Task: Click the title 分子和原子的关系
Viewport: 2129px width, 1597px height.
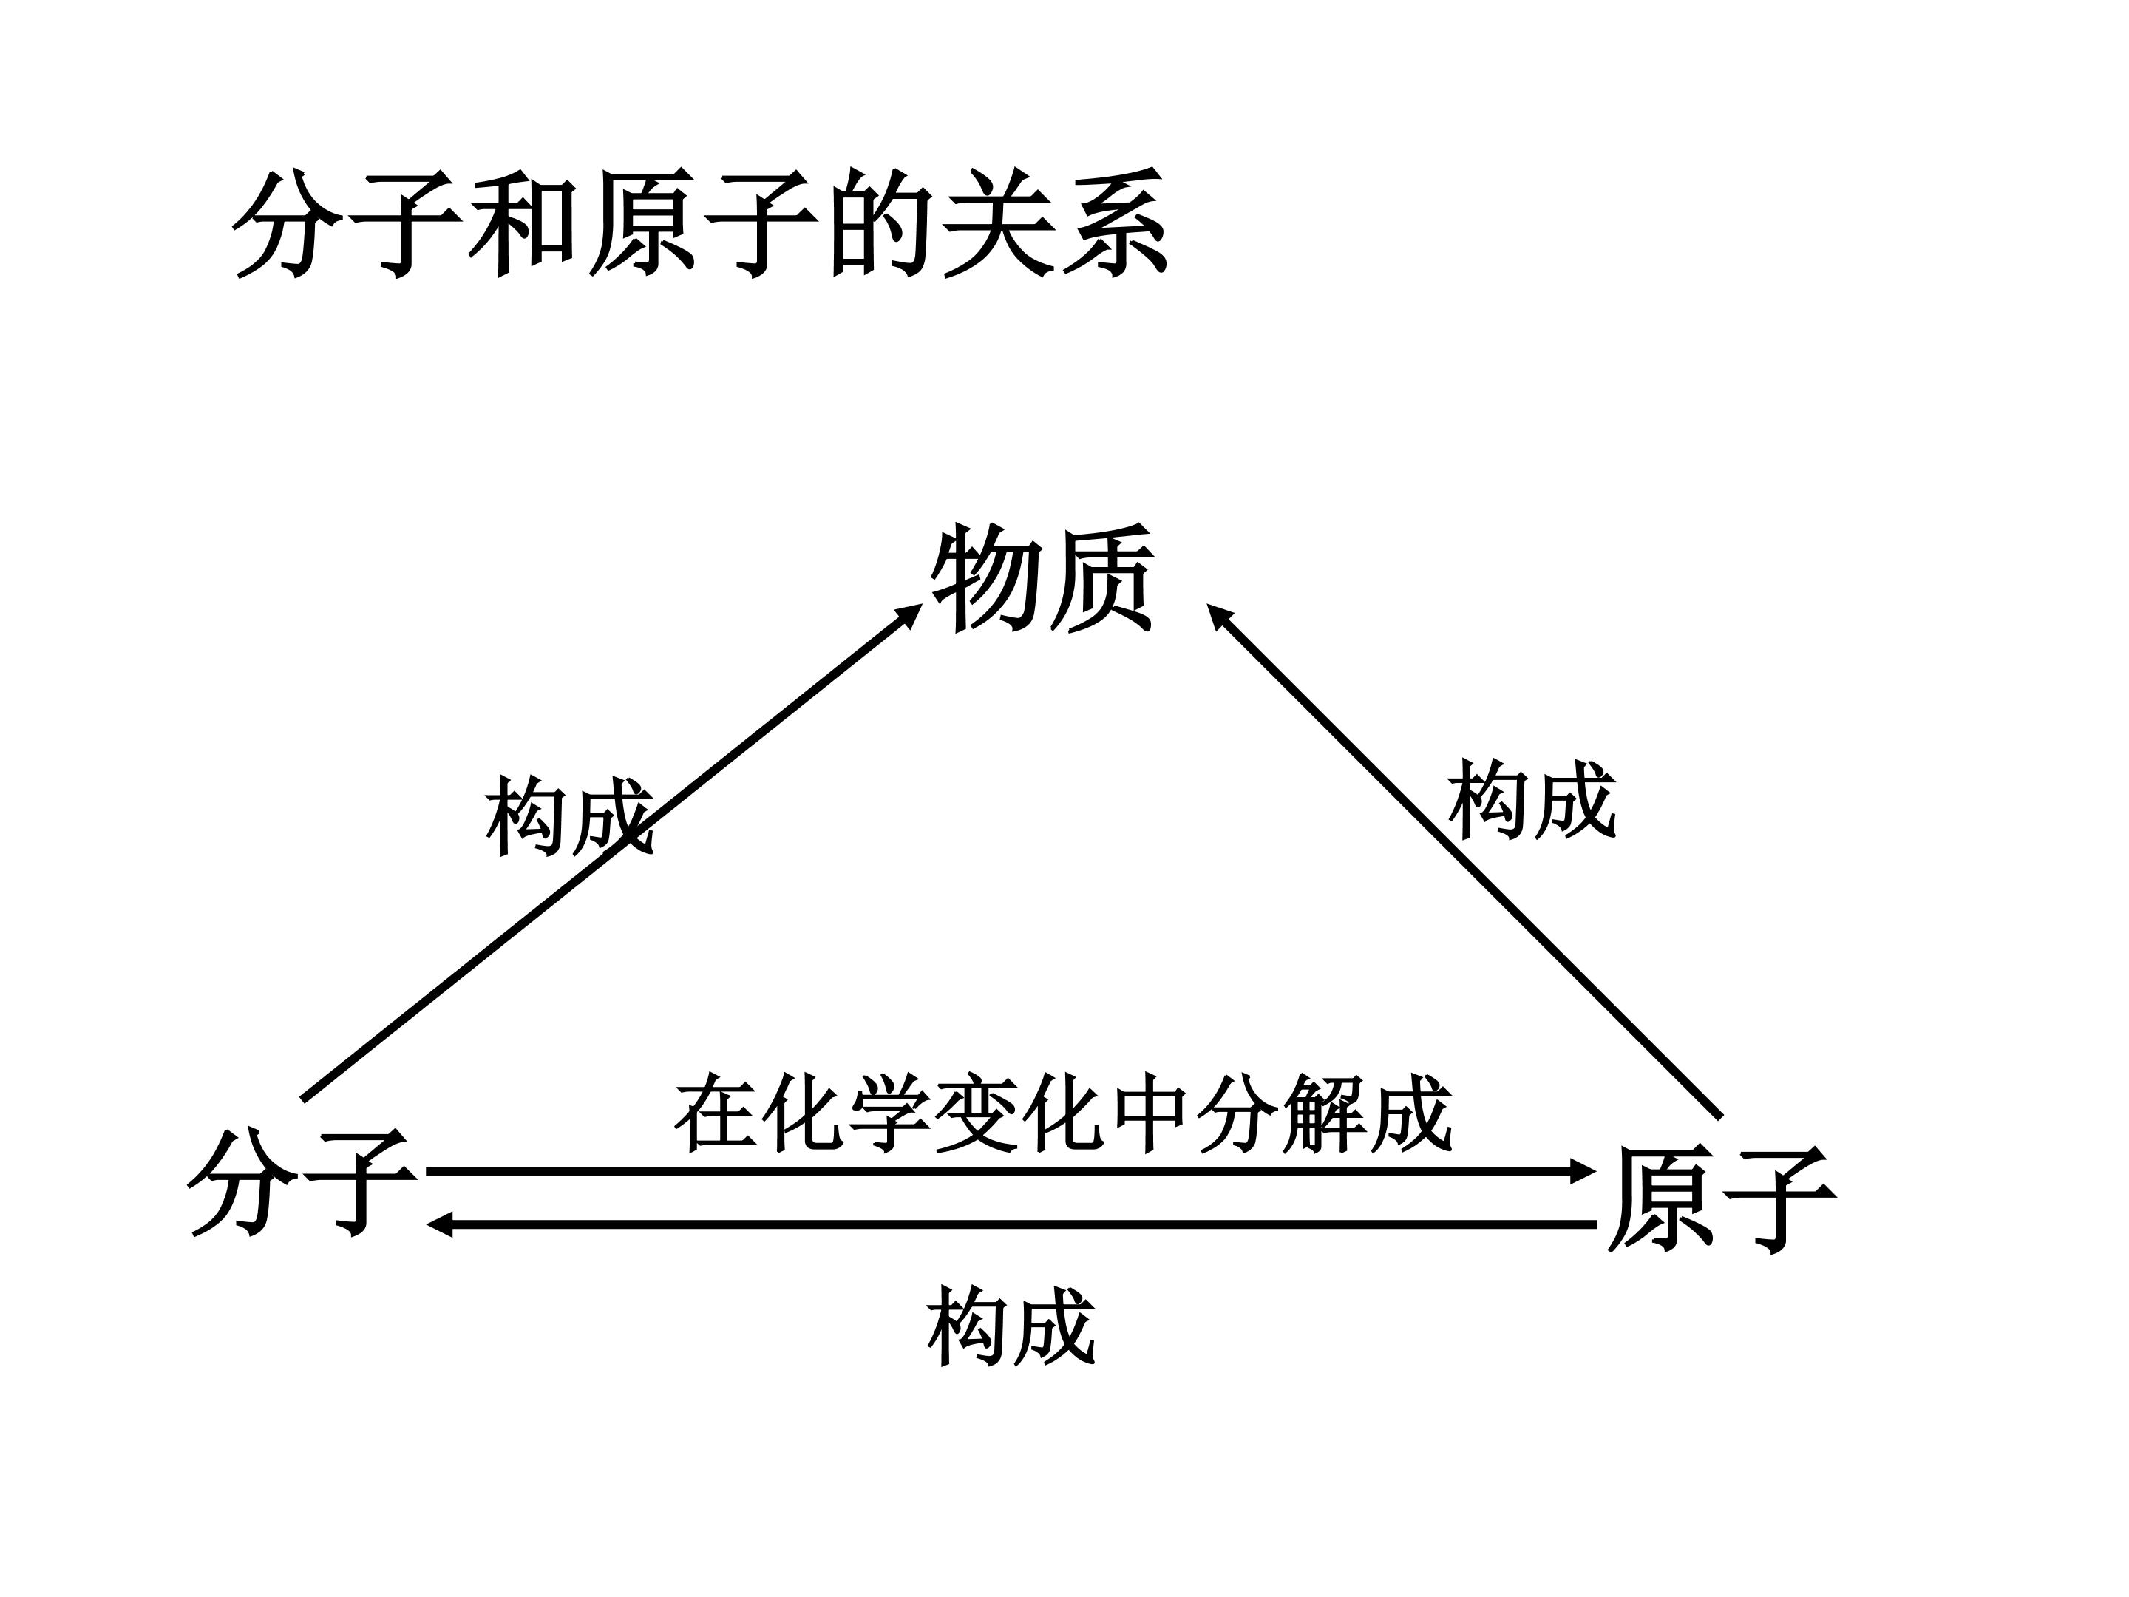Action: click(x=701, y=224)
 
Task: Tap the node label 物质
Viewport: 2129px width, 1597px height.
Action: click(x=1042, y=578)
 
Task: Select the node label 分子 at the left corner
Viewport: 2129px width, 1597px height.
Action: click(x=302, y=1183)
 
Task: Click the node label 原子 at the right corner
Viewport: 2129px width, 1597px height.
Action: click(x=1722, y=1199)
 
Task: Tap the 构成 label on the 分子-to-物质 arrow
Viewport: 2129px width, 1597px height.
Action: click(x=570, y=816)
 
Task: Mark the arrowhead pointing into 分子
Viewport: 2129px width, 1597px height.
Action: click(x=441, y=1224)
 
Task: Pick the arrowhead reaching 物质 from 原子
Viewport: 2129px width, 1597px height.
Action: click(x=1220, y=616)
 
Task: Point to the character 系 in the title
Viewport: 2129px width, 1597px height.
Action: click(x=1116, y=224)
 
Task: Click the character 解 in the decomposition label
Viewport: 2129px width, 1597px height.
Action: click(x=1323, y=1113)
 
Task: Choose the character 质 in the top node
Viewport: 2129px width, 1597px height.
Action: click(x=1100, y=578)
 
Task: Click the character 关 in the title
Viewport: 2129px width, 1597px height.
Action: click(x=997, y=224)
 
